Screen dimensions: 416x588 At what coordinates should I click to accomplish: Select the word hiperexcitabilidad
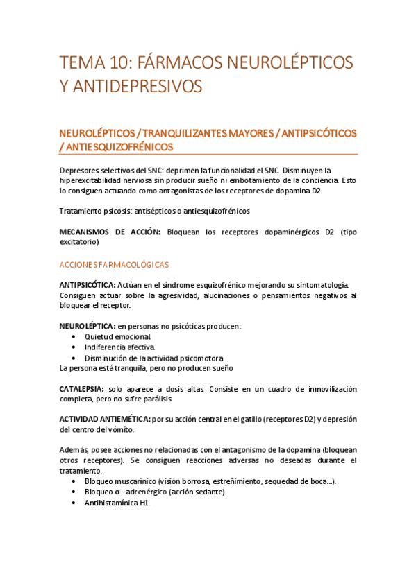click(x=93, y=180)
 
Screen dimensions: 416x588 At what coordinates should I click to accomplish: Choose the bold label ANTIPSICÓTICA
click(x=87, y=285)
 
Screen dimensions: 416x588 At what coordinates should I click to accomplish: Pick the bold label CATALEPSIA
click(x=82, y=389)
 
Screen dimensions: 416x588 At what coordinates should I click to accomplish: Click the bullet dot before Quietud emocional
click(x=74, y=336)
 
